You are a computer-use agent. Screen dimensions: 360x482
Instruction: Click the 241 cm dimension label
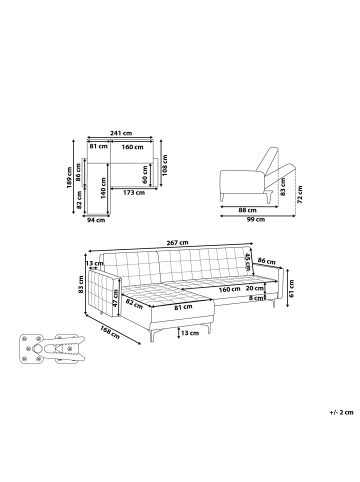click(x=121, y=133)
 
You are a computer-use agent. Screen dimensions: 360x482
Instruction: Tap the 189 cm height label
click(x=69, y=177)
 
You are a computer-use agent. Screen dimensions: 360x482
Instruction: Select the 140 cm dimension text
click(x=103, y=188)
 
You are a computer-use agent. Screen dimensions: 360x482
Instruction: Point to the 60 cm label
click(x=145, y=174)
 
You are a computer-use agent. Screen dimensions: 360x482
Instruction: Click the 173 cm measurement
click(x=134, y=192)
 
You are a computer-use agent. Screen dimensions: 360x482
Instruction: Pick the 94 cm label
click(x=96, y=220)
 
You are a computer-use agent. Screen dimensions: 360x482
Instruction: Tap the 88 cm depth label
click(x=248, y=210)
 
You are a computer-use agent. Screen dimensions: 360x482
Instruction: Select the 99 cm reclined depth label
click(x=256, y=219)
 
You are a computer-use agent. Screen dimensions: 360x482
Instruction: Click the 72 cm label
click(x=300, y=195)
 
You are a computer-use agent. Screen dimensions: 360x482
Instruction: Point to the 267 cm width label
click(x=177, y=243)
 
